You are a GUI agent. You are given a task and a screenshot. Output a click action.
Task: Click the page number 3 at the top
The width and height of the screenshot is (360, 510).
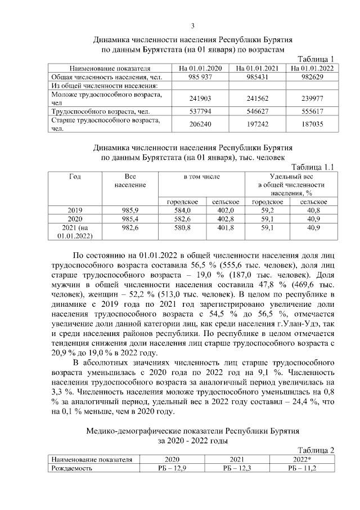(192, 26)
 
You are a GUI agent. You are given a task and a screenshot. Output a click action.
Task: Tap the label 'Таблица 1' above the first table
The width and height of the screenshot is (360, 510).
(318, 60)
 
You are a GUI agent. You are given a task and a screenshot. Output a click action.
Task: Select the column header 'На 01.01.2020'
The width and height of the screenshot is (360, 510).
(201, 69)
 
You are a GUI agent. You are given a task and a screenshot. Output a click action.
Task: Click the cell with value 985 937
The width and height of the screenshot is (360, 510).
(201, 77)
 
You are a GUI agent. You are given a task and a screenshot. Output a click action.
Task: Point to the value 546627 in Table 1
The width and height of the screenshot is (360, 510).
(258, 112)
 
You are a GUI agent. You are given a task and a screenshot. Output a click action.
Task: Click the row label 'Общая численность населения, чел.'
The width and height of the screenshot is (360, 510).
(100, 77)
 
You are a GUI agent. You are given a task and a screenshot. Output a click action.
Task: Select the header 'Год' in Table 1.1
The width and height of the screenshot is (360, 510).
(75, 176)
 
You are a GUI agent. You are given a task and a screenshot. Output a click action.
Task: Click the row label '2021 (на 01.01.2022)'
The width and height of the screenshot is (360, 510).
(75, 231)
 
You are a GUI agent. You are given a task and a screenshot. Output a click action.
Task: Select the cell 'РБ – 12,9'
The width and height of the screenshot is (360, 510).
(172, 467)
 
